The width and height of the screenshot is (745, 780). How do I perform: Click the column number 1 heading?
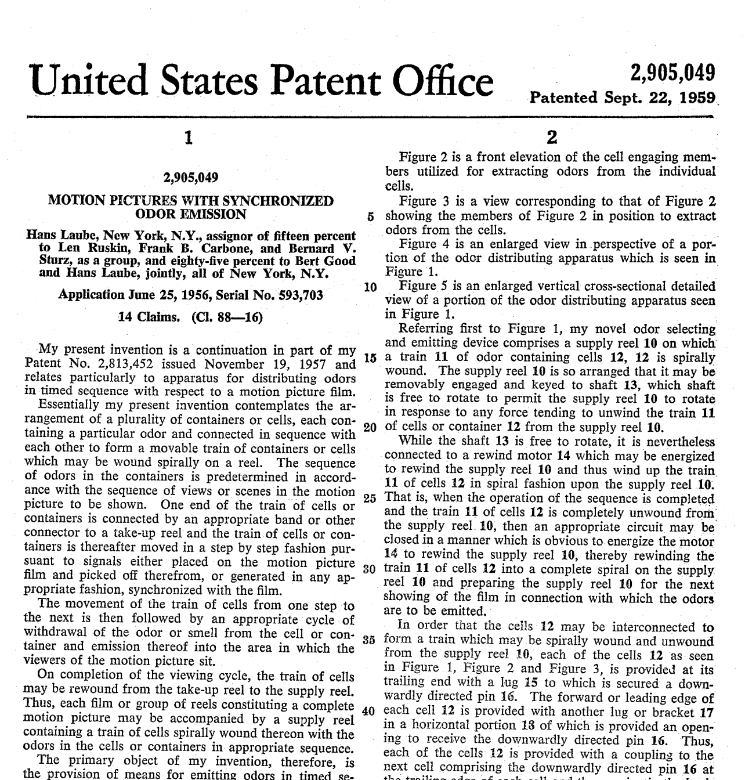[x=187, y=138]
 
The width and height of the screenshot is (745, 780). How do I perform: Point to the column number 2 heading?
[x=552, y=138]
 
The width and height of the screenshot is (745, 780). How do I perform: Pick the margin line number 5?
[x=370, y=217]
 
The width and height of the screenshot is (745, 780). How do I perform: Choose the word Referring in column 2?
[x=425, y=328]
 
